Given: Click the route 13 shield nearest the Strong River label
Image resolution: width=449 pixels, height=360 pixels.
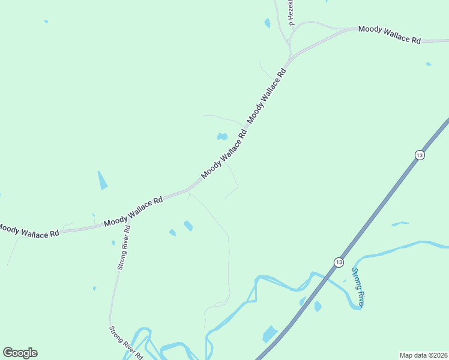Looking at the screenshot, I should click(x=339, y=262).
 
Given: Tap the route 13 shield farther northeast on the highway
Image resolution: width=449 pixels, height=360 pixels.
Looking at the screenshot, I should click(x=419, y=155).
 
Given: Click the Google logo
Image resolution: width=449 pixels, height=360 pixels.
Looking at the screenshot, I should click(x=20, y=353).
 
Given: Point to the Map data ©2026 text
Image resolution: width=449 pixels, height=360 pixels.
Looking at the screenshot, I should click(x=424, y=355).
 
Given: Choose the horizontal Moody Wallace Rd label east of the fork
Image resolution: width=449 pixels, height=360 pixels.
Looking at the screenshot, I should click(x=389, y=34).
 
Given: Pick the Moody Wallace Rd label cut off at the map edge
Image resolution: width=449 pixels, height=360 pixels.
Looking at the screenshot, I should click(x=28, y=230).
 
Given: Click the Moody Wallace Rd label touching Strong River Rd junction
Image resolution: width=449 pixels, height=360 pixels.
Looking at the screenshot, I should click(x=133, y=212).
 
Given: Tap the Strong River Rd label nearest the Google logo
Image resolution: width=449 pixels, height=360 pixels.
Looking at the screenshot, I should click(x=125, y=343).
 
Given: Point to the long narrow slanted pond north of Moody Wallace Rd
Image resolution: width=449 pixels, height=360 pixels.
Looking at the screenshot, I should click(x=102, y=180).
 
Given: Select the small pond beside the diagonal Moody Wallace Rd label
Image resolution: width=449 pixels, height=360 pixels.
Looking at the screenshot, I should click(x=222, y=136).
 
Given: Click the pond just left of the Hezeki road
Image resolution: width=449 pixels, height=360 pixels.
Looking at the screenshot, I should click(x=267, y=23).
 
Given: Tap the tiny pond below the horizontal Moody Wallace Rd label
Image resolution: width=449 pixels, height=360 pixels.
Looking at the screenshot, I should click(x=428, y=64).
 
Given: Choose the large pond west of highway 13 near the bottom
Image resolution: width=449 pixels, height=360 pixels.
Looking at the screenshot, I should click(x=270, y=334).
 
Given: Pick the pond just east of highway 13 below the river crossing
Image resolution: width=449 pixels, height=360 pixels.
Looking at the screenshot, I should click(x=318, y=306).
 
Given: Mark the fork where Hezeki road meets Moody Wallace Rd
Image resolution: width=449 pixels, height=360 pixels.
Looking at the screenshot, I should click(x=289, y=43).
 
